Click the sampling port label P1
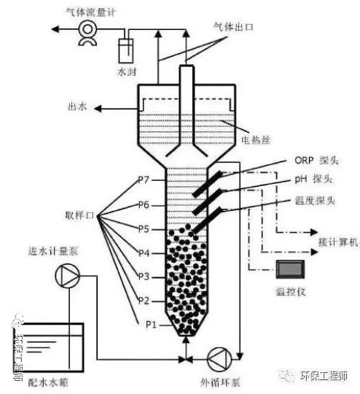tap(151, 324)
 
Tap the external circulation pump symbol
tap(219, 358)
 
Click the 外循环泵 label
tap(219, 382)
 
